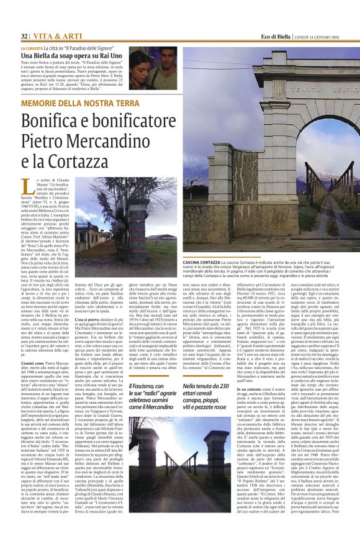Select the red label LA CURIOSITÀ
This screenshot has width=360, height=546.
(x=32, y=48)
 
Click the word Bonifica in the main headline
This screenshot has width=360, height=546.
(x=50, y=121)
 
